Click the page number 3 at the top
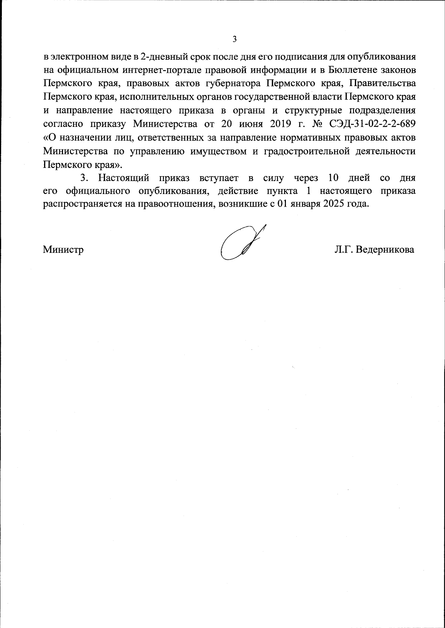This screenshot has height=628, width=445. [x=234, y=39]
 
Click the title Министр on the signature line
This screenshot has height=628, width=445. [x=63, y=250]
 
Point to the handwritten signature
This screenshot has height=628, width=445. [x=241, y=243]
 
